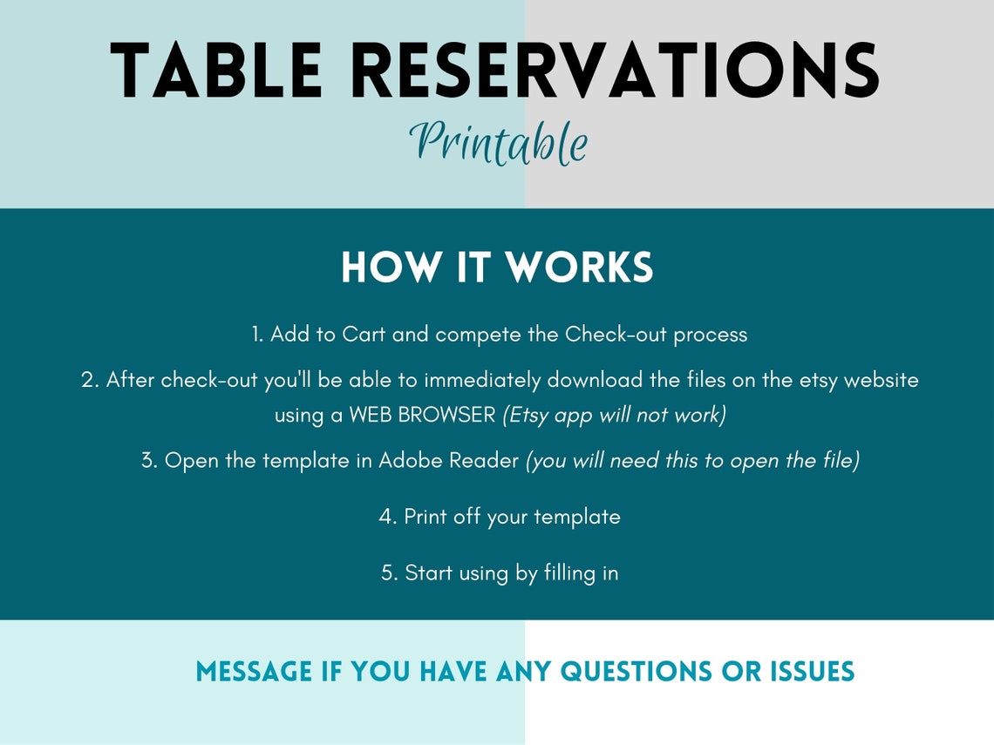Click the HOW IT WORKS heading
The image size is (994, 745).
click(497, 268)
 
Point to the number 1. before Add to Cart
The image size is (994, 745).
click(257, 335)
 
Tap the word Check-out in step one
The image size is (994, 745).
click(607, 335)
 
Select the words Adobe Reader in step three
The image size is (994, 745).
click(448, 461)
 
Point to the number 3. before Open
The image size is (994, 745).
click(149, 461)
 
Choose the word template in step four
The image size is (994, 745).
click(576, 516)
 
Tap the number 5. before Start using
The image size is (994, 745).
click(390, 573)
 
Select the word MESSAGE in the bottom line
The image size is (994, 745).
click(254, 672)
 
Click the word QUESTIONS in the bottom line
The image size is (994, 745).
click(636, 672)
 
